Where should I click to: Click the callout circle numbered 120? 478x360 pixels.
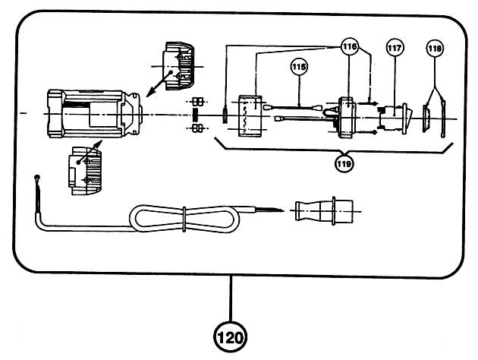coord(230,337)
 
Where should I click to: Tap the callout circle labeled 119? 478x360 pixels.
coord(344,163)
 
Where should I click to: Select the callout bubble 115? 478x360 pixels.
coord(299,67)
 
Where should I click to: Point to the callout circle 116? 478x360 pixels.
coord(350,46)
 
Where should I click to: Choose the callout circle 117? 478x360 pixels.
coord(395,48)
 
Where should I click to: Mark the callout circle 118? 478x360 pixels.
coord(435,48)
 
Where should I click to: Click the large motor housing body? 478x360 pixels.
coord(95,113)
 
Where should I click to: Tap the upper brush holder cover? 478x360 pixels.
coord(179,65)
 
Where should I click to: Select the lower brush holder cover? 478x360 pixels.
coord(85,170)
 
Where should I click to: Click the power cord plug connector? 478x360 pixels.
coord(324,210)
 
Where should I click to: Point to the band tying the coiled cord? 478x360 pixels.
coord(184,219)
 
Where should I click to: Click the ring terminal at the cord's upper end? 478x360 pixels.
coord(37,177)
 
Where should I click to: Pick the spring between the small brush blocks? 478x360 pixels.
coord(196,115)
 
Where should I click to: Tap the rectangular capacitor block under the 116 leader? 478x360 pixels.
coord(250,116)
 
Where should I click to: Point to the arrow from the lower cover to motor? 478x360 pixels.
coord(90,152)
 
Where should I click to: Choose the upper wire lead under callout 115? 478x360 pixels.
coord(293,107)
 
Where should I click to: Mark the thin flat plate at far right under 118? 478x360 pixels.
coord(442,118)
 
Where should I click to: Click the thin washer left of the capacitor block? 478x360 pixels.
coord(225,115)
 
